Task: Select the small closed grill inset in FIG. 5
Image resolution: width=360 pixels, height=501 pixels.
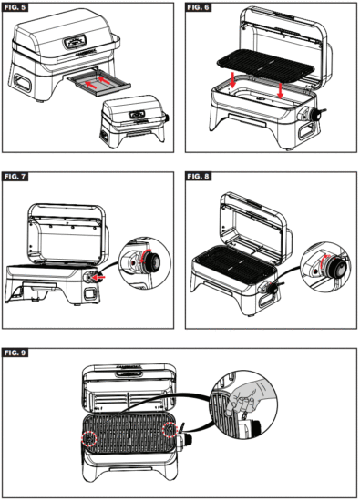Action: tap(133, 120)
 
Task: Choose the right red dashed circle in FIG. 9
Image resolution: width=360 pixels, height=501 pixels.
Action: tap(168, 431)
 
